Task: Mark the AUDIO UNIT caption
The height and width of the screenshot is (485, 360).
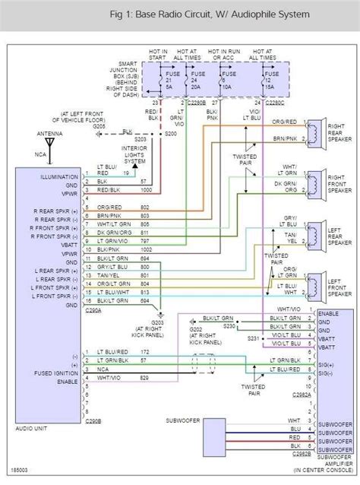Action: point(33,428)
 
